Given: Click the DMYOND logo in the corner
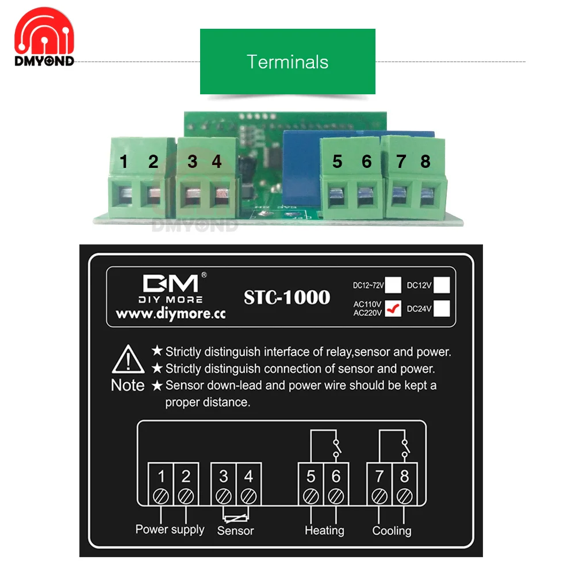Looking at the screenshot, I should click(x=44, y=38).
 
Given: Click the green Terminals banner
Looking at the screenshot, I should click(x=287, y=62).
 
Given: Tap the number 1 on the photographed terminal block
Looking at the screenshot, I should click(x=124, y=162).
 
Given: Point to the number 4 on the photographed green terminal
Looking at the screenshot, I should click(x=216, y=162).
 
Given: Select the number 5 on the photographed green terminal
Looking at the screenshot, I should click(x=337, y=162).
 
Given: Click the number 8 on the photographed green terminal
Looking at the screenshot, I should click(x=425, y=162).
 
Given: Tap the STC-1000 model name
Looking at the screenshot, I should click(x=287, y=297).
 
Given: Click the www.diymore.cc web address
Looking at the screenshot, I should click(x=170, y=315).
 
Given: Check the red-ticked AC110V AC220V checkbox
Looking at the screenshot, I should click(x=393, y=309).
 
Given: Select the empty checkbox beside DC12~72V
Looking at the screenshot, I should click(x=393, y=285).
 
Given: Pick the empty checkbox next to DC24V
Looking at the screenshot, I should click(x=442, y=309).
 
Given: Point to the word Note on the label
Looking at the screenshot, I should click(x=128, y=385).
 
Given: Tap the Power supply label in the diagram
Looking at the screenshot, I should click(x=170, y=529).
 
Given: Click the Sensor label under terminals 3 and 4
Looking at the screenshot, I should click(x=235, y=531).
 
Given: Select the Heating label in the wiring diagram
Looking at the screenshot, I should click(x=324, y=530).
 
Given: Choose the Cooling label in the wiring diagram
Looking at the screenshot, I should click(x=392, y=530).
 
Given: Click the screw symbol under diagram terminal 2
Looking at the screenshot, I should click(x=186, y=495).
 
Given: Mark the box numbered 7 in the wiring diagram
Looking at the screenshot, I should click(x=379, y=477).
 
